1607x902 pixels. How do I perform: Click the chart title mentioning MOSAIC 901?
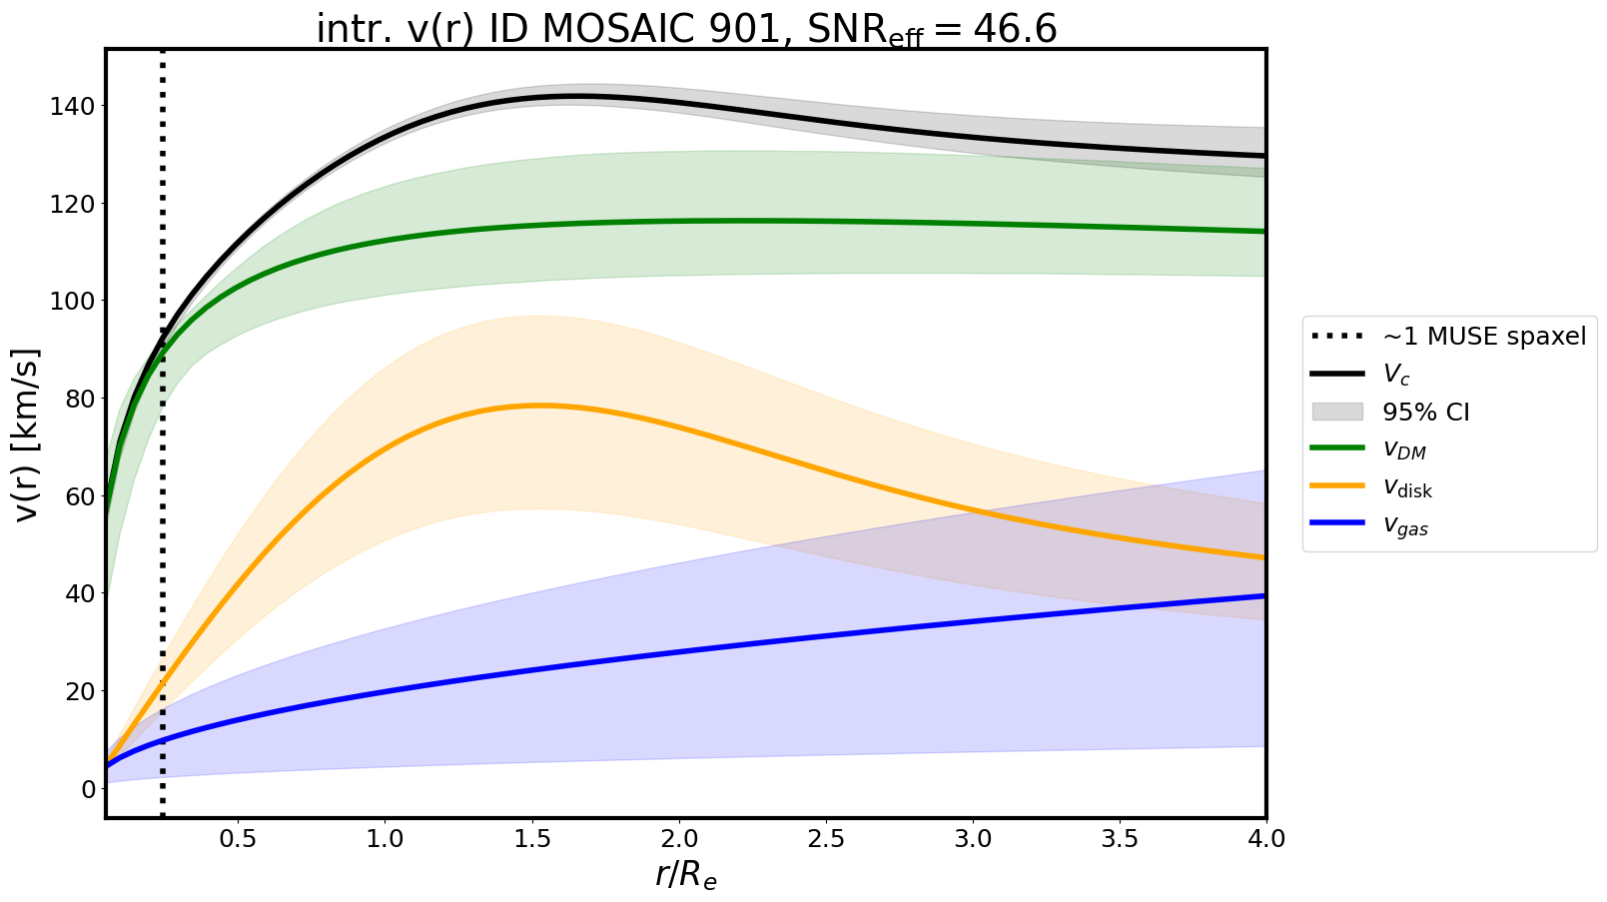[x=686, y=29]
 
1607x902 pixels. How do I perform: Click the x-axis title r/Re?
[x=686, y=874]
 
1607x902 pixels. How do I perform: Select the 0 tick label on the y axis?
[x=89, y=789]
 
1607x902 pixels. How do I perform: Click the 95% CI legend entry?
[x=1425, y=413]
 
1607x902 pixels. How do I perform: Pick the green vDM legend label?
[x=1404, y=450]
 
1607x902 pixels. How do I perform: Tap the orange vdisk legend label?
[x=1407, y=488]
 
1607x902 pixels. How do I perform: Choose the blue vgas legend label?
[x=1405, y=526]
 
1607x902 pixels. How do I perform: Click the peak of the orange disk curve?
[x=539, y=406]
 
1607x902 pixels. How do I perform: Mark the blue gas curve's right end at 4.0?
[x=1264, y=596]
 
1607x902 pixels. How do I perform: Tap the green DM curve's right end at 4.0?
[x=1264, y=232]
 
